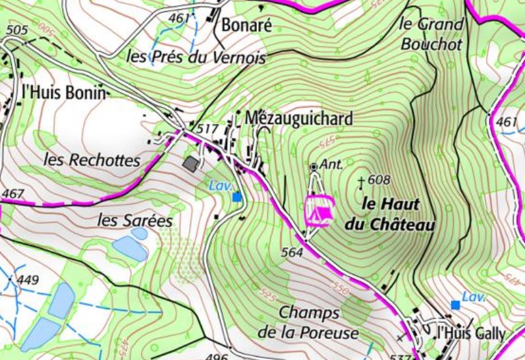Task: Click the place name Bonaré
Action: tap(247, 26)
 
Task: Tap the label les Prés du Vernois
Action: tap(196, 57)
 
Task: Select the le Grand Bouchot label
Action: tap(431, 33)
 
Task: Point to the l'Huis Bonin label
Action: tap(63, 93)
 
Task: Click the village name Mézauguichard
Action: tap(298, 118)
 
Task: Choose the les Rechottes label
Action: tap(92, 160)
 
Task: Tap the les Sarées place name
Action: tap(134, 220)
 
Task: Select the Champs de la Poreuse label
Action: tap(308, 322)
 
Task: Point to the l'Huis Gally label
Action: tap(470, 334)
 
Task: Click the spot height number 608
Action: tap(379, 180)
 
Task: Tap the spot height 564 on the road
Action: tap(293, 251)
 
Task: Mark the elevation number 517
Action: tap(207, 128)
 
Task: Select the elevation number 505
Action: tap(16, 30)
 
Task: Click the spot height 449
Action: tap(28, 280)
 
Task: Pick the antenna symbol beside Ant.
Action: tap(314, 167)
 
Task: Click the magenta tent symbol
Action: tap(319, 210)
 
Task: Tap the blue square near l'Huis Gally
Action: tap(455, 305)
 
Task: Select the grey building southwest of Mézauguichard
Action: tap(190, 164)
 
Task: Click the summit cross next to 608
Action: tap(360, 181)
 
